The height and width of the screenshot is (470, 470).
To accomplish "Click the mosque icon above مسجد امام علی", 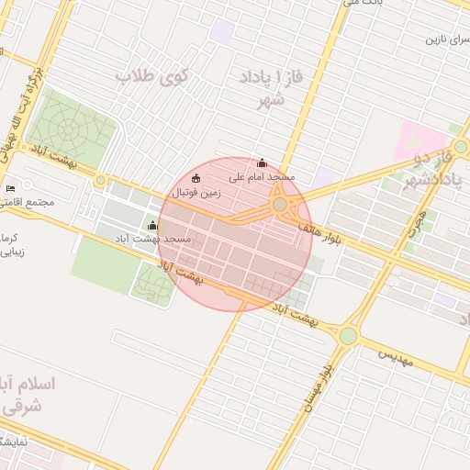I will [x=263, y=162].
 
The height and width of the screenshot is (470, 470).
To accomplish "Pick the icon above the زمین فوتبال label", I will [x=195, y=177].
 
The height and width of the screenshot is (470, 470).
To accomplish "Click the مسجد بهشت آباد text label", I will [x=164, y=238].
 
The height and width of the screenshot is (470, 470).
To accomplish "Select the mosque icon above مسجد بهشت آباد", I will [x=152, y=225].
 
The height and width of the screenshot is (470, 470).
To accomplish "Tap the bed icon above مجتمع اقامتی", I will [x=10, y=188].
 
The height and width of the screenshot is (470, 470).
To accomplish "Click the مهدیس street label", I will [x=397, y=355].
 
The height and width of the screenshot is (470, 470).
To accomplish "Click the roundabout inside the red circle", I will [x=279, y=205].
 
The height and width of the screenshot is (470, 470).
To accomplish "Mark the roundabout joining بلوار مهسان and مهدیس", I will [x=347, y=336].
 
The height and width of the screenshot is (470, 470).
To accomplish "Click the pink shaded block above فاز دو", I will [x=418, y=139].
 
